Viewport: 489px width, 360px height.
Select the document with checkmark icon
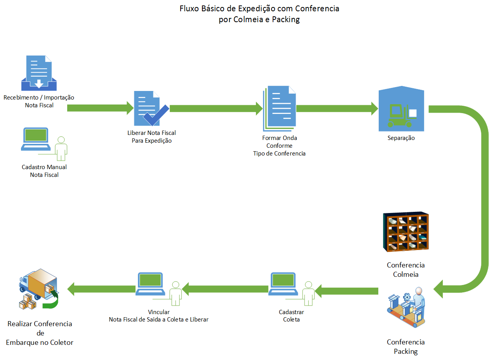pos(150,108)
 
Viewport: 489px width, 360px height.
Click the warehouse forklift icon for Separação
pos(401,110)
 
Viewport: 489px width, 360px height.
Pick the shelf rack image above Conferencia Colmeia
pos(405,232)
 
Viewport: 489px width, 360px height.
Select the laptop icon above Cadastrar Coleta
pos(283,284)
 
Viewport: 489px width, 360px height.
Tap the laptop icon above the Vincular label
pos(151,284)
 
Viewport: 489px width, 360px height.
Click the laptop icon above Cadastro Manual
pos(36,139)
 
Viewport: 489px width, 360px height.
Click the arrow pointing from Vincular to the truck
pos(101,289)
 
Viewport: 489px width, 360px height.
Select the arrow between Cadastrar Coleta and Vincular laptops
pos(225,289)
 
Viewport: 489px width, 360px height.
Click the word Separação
pos(401,138)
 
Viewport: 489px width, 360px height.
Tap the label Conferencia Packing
pos(406,347)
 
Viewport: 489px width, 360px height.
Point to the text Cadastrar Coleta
pos(291,316)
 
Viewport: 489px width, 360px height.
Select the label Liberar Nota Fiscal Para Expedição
pos(151,137)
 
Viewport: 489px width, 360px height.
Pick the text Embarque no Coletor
pos(40,343)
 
